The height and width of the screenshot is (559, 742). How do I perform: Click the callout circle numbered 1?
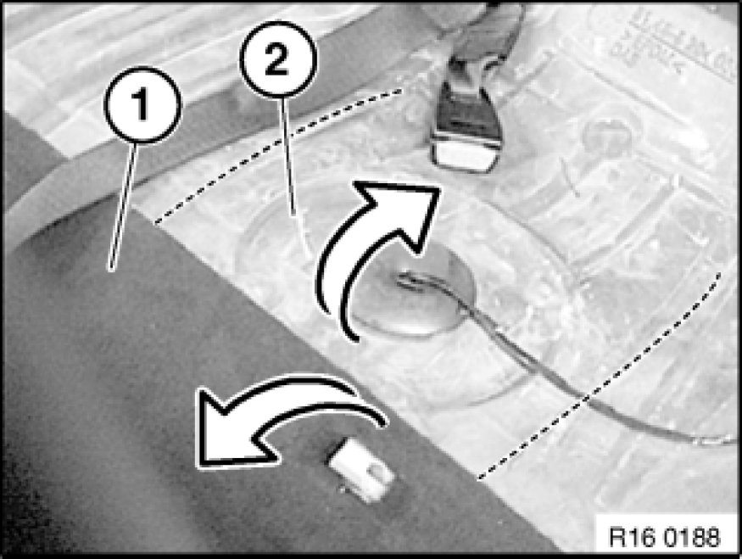(142, 104)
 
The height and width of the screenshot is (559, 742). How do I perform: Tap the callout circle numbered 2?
(277, 59)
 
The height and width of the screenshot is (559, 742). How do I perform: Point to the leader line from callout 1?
(123, 207)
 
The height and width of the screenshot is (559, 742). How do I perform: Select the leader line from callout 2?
(289, 157)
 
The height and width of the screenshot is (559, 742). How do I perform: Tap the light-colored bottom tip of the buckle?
(466, 155)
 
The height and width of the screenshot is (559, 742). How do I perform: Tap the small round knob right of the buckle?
(607, 136)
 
